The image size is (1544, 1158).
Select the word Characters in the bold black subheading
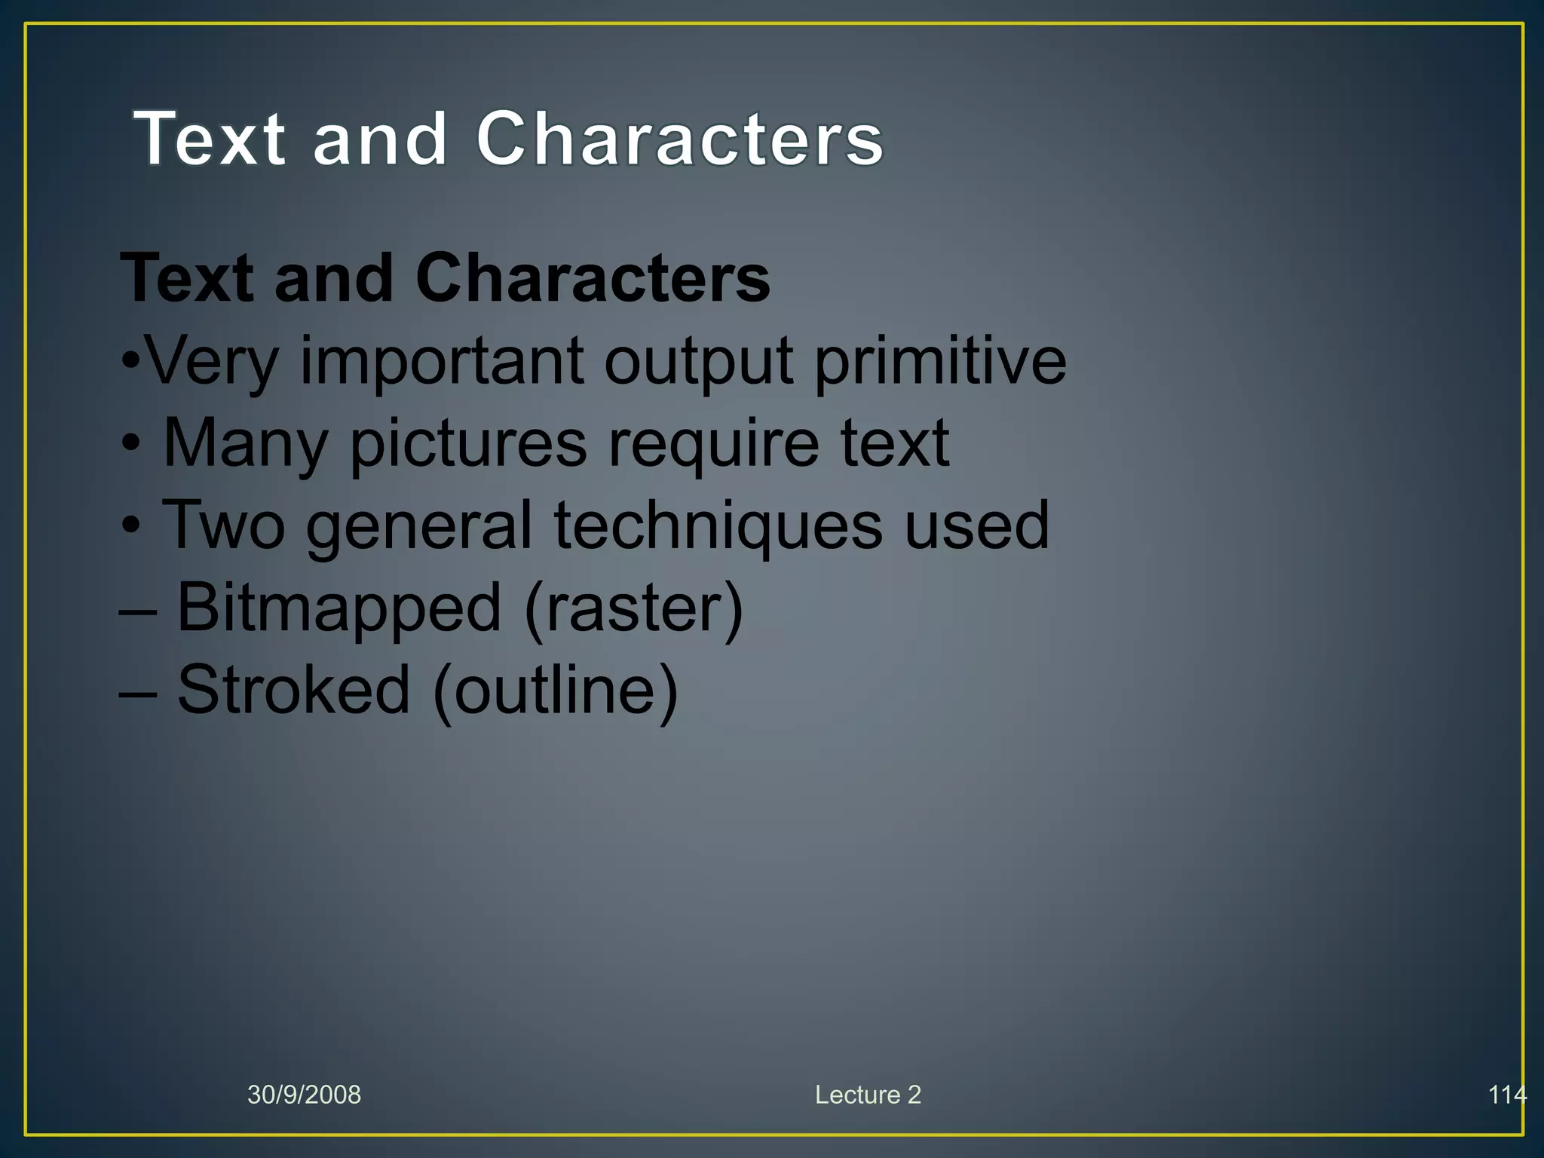(x=593, y=278)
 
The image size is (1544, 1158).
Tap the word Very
(x=212, y=362)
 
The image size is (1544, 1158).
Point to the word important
(x=442, y=362)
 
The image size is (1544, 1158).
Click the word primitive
(x=940, y=362)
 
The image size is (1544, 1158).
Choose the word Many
(x=246, y=445)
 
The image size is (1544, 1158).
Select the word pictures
(x=468, y=445)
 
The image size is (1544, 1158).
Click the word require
(x=713, y=445)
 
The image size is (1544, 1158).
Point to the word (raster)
(x=633, y=609)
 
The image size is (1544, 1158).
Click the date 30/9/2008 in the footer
(x=304, y=1095)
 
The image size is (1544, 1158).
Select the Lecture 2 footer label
(x=868, y=1095)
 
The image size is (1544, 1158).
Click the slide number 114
(x=1506, y=1095)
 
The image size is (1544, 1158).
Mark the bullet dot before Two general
(x=131, y=526)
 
